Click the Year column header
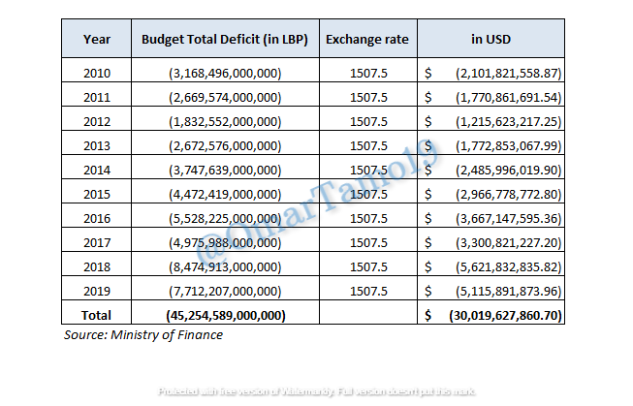pyautogui.click(x=97, y=40)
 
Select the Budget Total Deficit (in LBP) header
pyautogui.click(x=225, y=40)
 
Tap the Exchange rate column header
pyautogui.click(x=367, y=40)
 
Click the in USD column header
pyautogui.click(x=491, y=40)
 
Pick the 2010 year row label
pyautogui.click(x=97, y=74)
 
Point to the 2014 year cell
pyautogui.click(x=97, y=170)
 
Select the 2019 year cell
pyautogui.click(x=97, y=291)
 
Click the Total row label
pyautogui.click(x=97, y=315)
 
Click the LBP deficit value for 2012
pyautogui.click(x=225, y=121)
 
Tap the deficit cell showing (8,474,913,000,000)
pyautogui.click(x=225, y=266)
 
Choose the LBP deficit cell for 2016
pyautogui.click(x=225, y=218)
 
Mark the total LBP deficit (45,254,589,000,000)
pyautogui.click(x=225, y=315)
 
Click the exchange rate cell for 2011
pyautogui.click(x=367, y=97)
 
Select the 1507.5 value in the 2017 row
pyautogui.click(x=367, y=242)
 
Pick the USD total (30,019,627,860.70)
pyautogui.click(x=505, y=315)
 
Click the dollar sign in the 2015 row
pyautogui.click(x=427, y=194)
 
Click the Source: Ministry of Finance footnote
pyautogui.click(x=143, y=335)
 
